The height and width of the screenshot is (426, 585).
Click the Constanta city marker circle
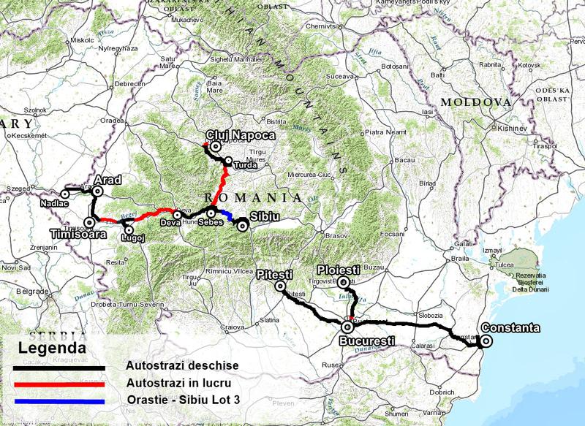pos(484,341)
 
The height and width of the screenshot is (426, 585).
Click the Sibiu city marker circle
pos(242,225)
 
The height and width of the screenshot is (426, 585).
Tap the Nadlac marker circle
pos(65,194)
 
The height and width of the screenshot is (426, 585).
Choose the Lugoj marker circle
pos(129,231)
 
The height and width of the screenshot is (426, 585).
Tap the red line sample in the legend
pos(58,384)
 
